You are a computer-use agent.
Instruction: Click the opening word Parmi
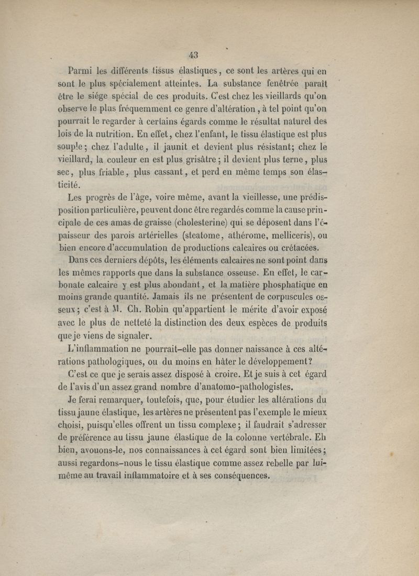click(x=81, y=69)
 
